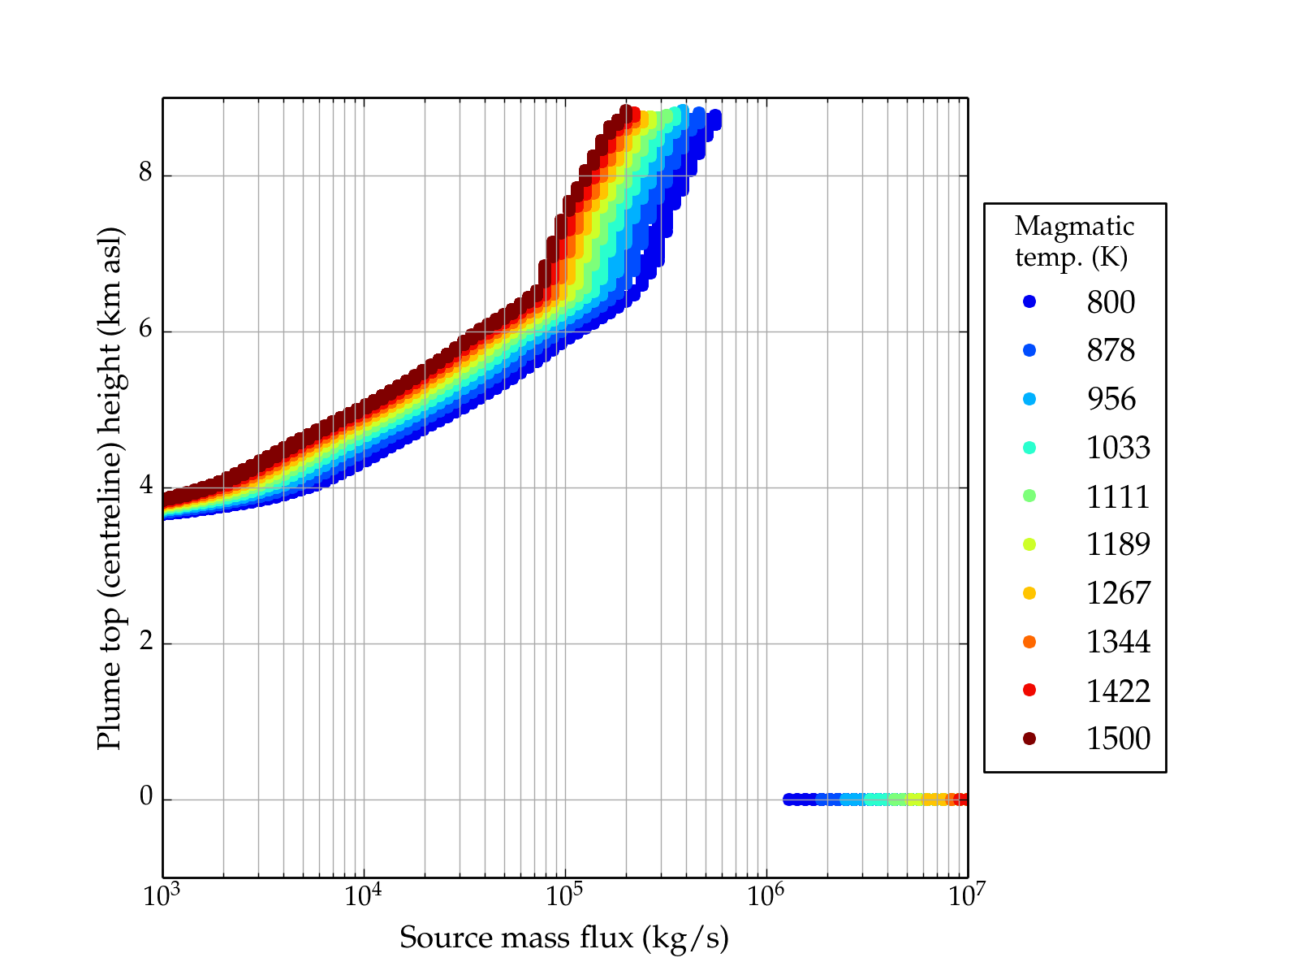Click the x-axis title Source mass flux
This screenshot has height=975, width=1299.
coord(563,938)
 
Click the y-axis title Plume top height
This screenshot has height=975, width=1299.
coord(109,487)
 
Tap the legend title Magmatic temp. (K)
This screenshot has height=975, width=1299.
coord(1074,241)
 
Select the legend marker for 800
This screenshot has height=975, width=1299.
coord(1029,302)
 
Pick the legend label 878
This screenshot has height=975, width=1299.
coord(1111,351)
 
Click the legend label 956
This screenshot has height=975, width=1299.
coord(1111,399)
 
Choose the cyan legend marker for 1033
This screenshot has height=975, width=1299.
coord(1029,448)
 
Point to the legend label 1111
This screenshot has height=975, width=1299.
coord(1118,496)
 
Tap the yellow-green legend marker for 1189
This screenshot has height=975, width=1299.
coord(1029,544)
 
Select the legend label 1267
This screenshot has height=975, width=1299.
coord(1118,593)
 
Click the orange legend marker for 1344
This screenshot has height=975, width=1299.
coord(1029,642)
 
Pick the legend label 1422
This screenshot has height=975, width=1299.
coord(1118,691)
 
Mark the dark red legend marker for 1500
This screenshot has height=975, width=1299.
coord(1029,739)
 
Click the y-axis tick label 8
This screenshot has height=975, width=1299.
coord(145,174)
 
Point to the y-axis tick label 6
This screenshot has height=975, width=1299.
coord(145,330)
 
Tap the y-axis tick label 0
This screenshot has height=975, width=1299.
coord(145,798)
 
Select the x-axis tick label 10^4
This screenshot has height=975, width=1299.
coord(363,896)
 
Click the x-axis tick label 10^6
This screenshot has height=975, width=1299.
coord(766,896)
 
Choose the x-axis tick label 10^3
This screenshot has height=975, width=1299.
coord(162,896)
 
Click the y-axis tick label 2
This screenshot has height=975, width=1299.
coord(145,642)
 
